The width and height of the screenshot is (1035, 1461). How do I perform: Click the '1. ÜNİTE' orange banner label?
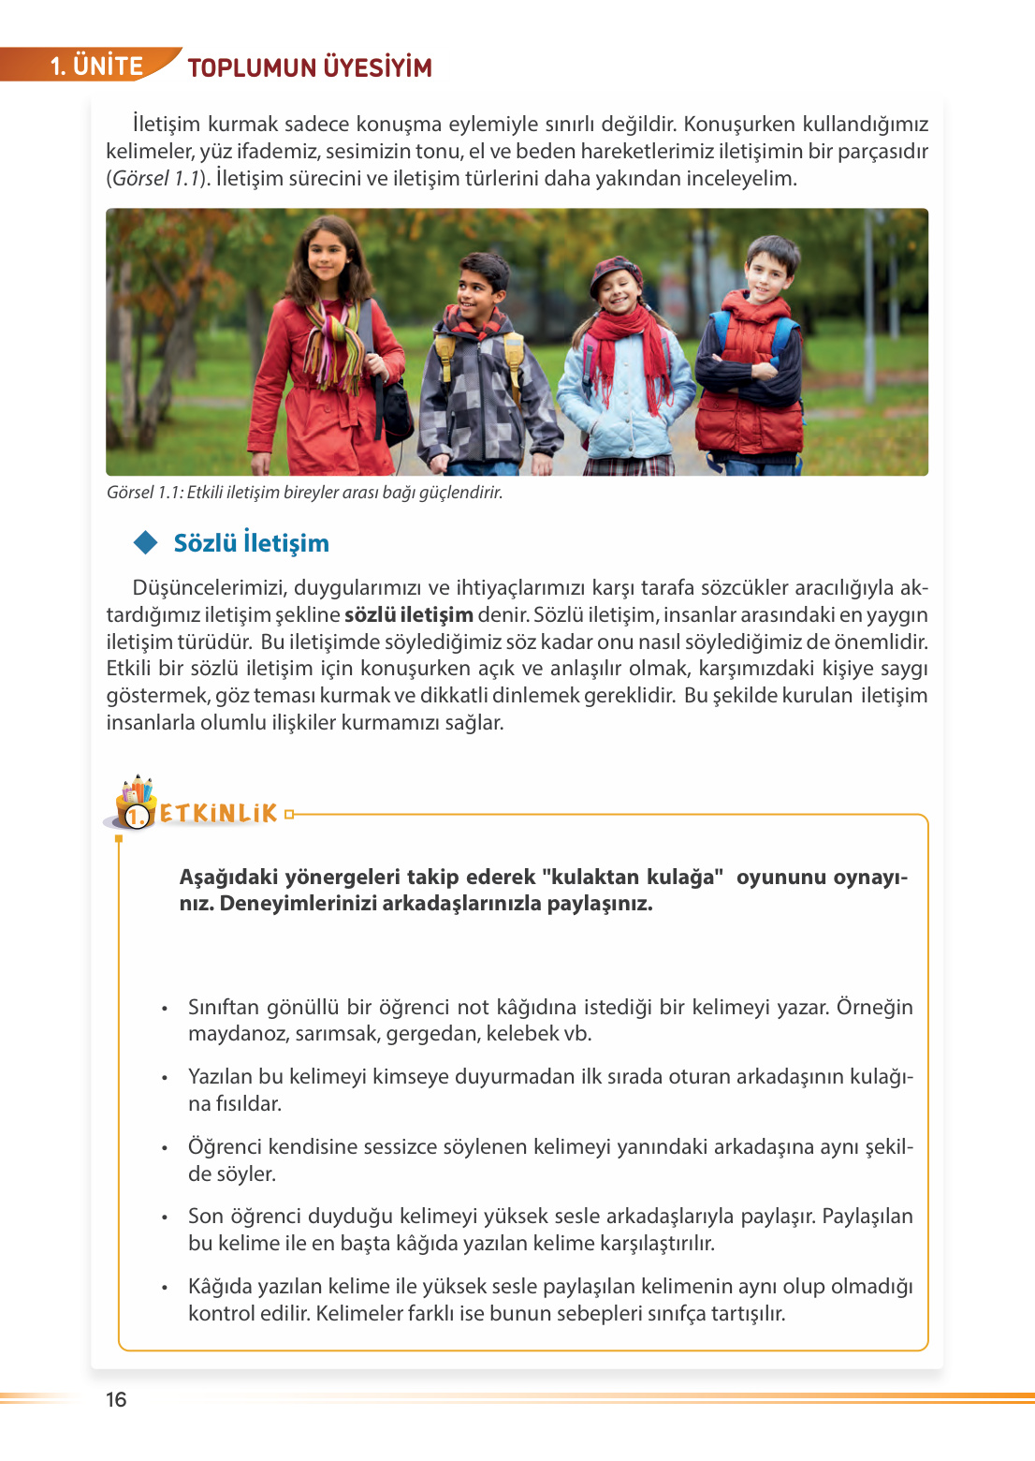click(96, 66)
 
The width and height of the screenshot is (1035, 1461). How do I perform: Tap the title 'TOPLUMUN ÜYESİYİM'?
click(310, 67)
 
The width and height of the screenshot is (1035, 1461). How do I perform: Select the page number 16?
click(116, 1399)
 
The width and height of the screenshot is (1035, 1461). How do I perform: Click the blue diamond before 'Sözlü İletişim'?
click(146, 542)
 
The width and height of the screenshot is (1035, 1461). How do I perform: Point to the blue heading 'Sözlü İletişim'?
click(251, 543)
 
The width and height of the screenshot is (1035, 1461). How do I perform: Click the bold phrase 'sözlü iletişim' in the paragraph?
click(409, 615)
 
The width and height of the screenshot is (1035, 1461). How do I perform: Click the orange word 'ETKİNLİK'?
click(219, 813)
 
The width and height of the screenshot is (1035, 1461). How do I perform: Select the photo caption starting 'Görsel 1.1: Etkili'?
click(304, 493)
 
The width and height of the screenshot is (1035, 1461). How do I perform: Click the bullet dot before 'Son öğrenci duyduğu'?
click(165, 1217)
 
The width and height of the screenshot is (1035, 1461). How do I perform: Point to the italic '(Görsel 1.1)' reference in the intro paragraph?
click(157, 179)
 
